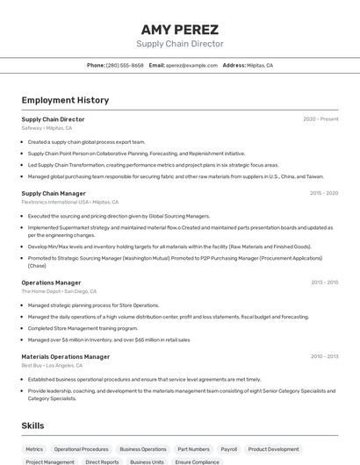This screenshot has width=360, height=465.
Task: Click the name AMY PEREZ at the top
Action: (179, 29)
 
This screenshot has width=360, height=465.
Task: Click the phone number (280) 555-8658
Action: (125, 65)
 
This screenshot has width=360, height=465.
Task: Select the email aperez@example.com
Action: (191, 65)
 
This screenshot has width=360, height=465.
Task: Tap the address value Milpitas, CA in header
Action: (260, 65)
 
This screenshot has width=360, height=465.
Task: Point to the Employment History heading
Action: (65, 101)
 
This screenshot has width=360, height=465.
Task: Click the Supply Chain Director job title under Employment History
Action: (53, 119)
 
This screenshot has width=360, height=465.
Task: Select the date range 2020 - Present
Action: (320, 119)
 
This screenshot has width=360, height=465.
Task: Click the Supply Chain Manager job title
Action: (54, 193)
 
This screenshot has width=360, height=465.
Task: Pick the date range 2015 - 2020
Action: (324, 193)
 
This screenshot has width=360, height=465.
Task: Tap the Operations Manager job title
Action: (51, 283)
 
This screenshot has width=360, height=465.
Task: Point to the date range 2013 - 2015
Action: (324, 283)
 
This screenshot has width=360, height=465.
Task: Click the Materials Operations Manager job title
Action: (66, 356)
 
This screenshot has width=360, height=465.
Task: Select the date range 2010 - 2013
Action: (324, 356)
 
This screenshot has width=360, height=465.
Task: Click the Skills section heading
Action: (32, 426)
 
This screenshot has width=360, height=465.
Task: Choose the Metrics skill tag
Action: (34, 448)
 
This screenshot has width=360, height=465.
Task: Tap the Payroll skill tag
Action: (229, 448)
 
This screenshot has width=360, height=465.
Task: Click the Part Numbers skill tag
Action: (193, 448)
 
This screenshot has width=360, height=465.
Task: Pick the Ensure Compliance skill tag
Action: (197, 461)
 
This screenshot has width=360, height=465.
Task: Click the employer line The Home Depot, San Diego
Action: (59, 291)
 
